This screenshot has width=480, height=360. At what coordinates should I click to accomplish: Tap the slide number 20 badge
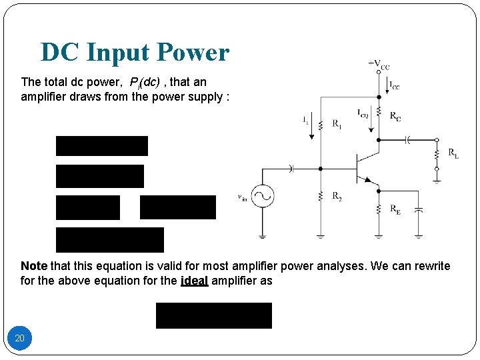click(x=20, y=338)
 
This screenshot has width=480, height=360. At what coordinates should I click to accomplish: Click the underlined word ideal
click(x=194, y=281)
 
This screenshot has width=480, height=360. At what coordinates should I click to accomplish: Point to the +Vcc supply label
click(x=379, y=65)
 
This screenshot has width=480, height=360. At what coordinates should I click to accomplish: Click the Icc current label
click(x=395, y=86)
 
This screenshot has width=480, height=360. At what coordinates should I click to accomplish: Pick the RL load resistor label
click(x=453, y=154)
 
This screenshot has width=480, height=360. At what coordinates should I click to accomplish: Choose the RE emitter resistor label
click(x=395, y=209)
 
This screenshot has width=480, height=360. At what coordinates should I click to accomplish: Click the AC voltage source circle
click(x=263, y=196)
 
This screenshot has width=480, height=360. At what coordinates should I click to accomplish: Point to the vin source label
click(x=243, y=196)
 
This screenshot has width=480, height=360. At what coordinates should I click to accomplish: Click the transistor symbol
click(x=364, y=167)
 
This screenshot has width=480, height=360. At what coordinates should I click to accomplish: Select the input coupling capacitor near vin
click(x=291, y=167)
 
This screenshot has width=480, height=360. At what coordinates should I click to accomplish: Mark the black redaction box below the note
click(x=214, y=315)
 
